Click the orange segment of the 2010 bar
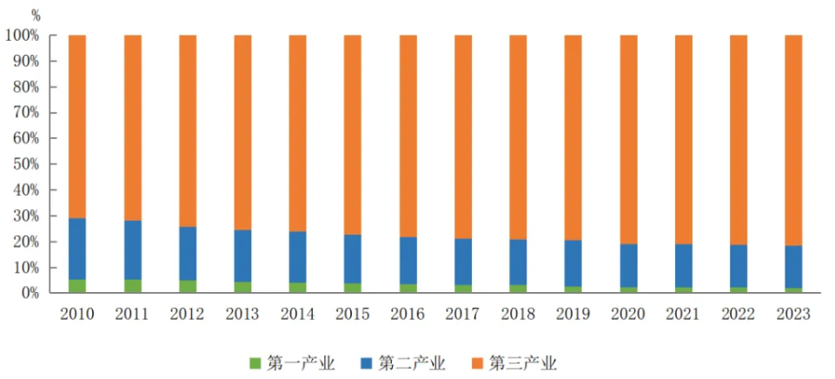tap(77, 126)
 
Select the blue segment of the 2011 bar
tap(132, 249)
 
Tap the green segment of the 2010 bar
tap(77, 286)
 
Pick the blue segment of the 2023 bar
tap(793, 266)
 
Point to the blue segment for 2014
tap(297, 256)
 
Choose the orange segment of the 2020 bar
tap(628, 139)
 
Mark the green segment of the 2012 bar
tap(188, 287)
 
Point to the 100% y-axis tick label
tap(22, 36)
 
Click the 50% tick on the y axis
tap(25, 164)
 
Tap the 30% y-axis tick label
tap(25, 216)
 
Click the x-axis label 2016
tap(408, 314)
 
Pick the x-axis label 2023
tap(793, 314)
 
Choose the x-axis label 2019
tap(573, 314)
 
